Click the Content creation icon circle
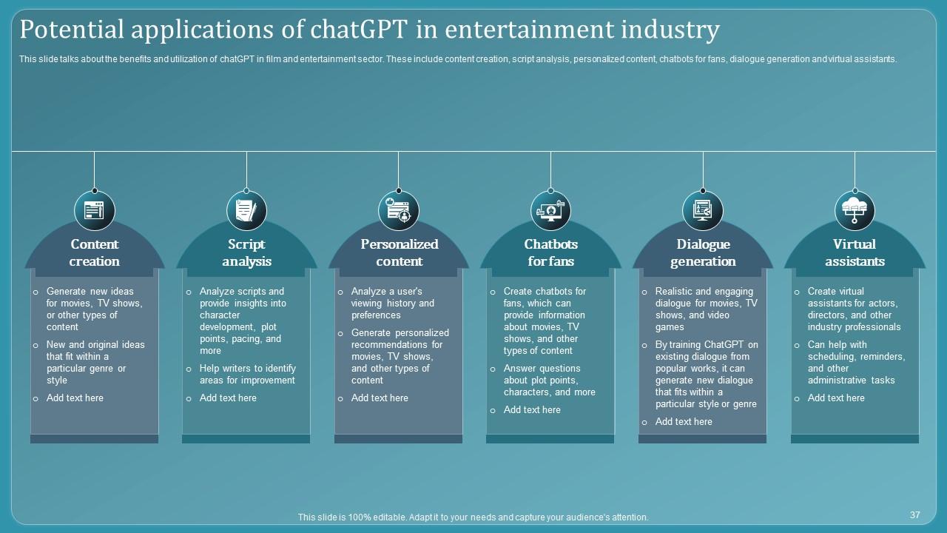coord(95,211)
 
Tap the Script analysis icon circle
coord(246,211)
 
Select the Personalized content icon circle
coord(399,211)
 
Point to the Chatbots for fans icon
coord(551,211)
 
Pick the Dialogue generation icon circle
coord(703,211)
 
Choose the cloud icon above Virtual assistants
coord(855,211)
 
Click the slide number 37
coord(914,514)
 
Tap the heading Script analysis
coord(246,252)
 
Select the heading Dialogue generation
coord(703,252)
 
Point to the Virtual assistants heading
coord(855,252)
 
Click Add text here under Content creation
coord(75,398)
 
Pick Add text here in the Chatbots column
coord(532,410)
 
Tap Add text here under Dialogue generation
coord(684,422)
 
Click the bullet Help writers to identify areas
coord(247,375)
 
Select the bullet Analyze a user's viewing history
coord(392,304)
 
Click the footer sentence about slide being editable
coord(473,517)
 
